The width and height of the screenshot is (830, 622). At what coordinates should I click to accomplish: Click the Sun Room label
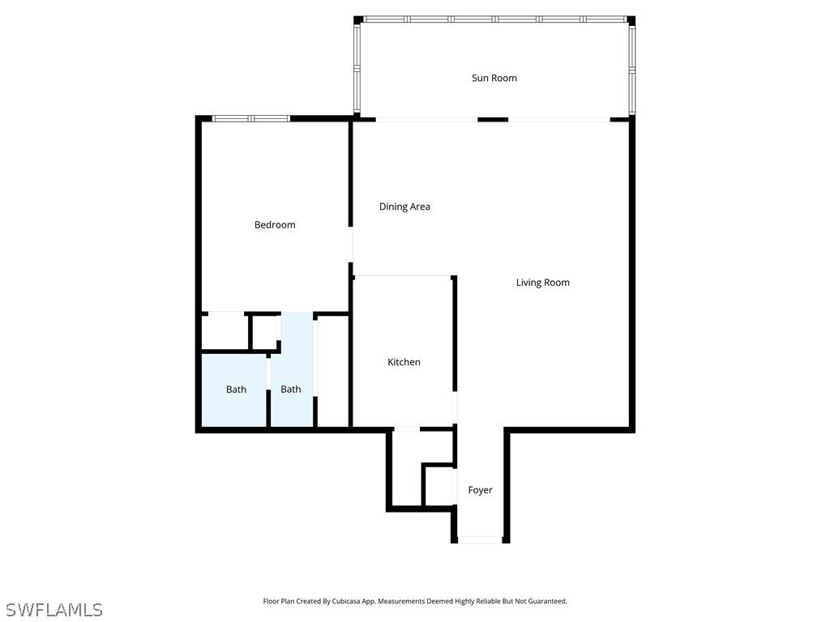(x=494, y=79)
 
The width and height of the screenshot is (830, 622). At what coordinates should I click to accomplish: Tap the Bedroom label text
(x=275, y=225)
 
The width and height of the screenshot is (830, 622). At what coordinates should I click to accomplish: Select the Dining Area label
(x=404, y=207)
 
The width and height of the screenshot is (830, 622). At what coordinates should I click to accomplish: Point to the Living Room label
(x=542, y=283)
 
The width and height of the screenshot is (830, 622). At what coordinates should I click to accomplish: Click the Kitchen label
(x=404, y=362)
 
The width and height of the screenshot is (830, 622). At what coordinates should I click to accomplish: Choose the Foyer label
(x=480, y=490)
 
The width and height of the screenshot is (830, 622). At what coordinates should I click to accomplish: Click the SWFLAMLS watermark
(x=54, y=610)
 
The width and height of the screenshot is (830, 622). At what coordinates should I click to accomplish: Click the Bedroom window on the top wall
(x=251, y=118)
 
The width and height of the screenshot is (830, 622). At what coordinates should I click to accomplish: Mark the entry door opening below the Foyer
(x=480, y=539)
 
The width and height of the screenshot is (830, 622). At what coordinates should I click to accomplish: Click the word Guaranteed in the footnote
(x=550, y=602)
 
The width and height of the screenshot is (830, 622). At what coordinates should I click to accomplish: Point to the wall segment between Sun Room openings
(x=493, y=120)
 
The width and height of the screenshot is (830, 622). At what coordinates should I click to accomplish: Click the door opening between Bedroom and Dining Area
(x=350, y=245)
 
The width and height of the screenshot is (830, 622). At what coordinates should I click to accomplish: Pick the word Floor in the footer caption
(x=271, y=602)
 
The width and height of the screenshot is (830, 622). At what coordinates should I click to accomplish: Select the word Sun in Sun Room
(x=480, y=79)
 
